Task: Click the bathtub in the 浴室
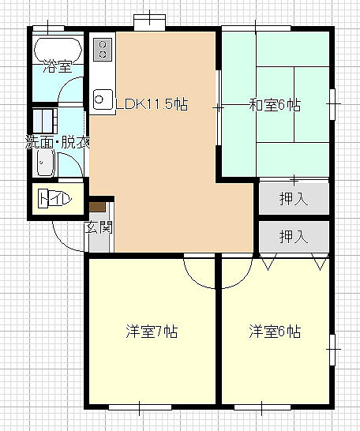58,50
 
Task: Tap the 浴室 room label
58,66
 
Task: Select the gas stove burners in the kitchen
103,50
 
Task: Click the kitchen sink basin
103,99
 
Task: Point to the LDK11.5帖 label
152,104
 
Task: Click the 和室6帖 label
275,104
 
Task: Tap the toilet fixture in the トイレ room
54,198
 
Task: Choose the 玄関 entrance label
99,227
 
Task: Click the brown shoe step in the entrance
97,207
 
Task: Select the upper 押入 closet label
294,198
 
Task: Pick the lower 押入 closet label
294,237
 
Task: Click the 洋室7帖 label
152,332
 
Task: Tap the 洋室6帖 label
275,332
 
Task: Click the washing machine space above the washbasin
45,121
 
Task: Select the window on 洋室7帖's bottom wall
140,407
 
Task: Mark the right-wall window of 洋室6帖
332,350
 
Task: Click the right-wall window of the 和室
332,104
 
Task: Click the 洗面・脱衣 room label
58,142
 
